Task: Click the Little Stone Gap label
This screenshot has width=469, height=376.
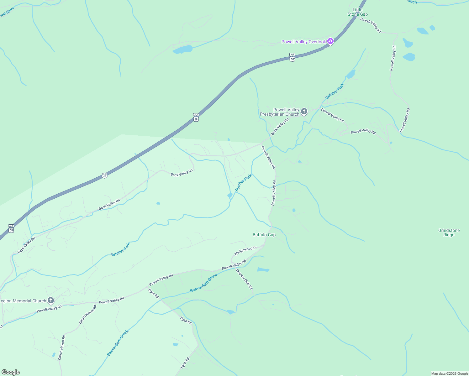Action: point(357,12)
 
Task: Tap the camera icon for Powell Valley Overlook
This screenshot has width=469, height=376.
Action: point(330,41)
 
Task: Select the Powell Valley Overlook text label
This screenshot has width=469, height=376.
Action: point(303,42)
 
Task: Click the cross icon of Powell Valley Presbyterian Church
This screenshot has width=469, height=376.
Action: point(304,112)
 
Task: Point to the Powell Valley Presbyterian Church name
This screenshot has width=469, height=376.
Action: point(280,112)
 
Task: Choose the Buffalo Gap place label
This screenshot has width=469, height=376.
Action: point(264,235)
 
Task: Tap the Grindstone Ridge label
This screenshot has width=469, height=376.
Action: point(449,232)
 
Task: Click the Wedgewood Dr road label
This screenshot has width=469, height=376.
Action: point(245,251)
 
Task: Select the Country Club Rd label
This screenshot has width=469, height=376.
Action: point(244,279)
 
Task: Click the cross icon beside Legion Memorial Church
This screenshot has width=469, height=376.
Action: point(50,301)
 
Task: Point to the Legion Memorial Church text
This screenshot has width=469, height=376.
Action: point(23,301)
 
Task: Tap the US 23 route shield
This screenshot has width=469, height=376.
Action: point(105,175)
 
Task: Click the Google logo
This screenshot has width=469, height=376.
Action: point(11,372)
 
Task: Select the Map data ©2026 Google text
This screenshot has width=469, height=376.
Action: point(450,373)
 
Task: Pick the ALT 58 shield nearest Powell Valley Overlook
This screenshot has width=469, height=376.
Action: point(292,57)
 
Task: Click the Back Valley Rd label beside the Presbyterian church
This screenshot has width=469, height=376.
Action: point(280,127)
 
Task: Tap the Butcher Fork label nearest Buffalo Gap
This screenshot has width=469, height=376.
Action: point(243,183)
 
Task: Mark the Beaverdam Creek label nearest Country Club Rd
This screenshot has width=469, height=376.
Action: point(204,283)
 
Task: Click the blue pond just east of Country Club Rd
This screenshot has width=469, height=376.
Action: point(263,270)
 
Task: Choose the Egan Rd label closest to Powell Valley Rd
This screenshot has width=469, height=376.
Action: point(154,294)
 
